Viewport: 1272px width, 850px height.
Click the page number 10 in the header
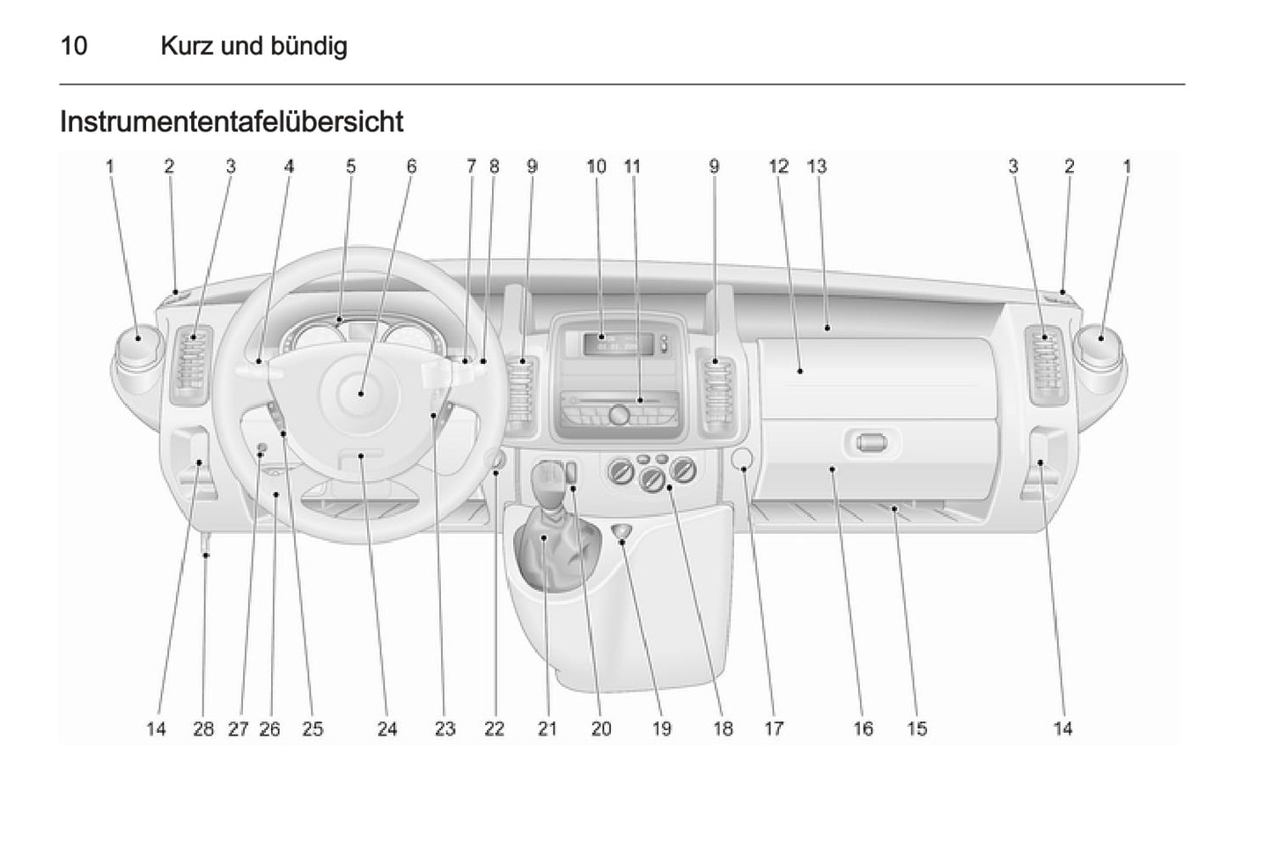74,46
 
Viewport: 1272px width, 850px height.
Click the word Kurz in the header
187,46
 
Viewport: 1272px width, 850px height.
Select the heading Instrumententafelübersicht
231,122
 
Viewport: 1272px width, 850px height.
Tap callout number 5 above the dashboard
350,166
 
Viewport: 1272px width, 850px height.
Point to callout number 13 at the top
817,166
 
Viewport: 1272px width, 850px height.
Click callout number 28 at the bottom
203,728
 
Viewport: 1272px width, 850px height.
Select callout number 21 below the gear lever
548,728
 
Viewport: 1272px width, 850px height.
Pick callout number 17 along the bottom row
773,728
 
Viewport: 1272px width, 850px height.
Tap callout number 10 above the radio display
596,166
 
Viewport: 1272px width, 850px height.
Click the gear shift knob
549,479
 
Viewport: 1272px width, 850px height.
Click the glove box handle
871,442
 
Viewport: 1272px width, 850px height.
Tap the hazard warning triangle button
623,531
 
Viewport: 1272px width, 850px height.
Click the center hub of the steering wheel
360,395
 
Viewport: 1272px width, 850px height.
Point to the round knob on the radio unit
619,412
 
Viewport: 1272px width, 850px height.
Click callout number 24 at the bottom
387,728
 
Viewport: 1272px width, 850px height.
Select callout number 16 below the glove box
863,728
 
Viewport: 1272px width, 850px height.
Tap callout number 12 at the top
778,166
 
